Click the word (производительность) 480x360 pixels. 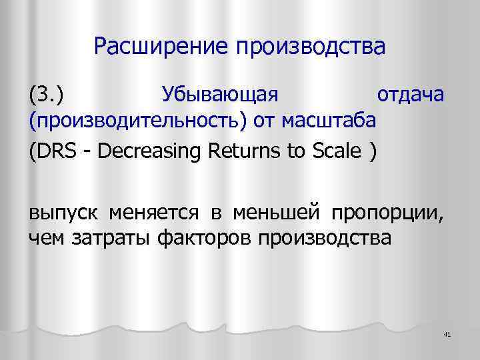[x=137, y=122]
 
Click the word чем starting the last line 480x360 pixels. [x=43, y=238]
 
